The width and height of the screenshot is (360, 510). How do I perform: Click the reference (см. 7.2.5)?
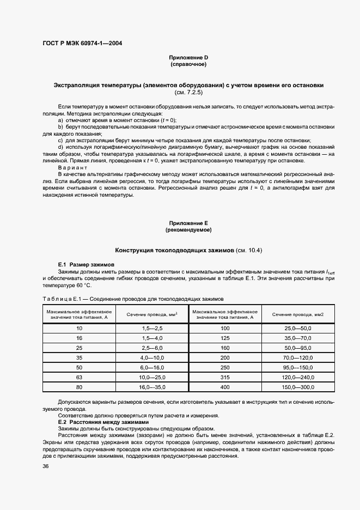click(188, 92)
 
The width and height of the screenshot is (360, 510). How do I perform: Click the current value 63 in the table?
click(79, 377)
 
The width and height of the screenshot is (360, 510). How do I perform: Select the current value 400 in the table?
click(225, 387)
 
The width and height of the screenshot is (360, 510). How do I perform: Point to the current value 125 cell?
click(225, 338)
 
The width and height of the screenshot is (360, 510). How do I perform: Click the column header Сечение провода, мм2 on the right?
click(298, 314)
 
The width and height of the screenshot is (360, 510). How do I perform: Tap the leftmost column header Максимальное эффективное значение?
click(80, 314)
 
